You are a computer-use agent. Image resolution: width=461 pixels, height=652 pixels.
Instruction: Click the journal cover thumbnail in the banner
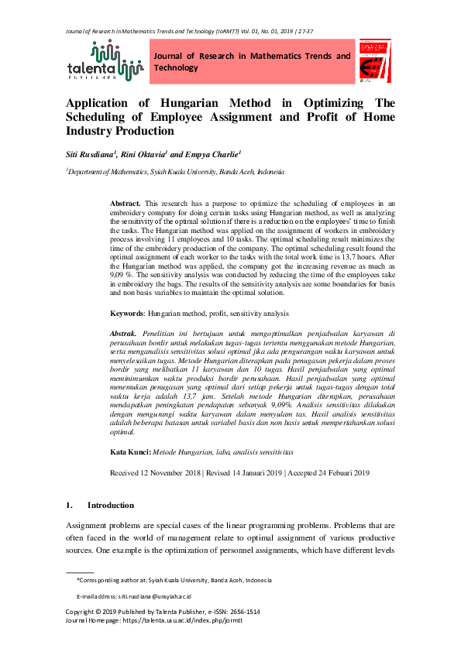pyautogui.click(x=375, y=61)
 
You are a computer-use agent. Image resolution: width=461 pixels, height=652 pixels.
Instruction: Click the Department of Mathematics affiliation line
pyautogui.click(x=175, y=172)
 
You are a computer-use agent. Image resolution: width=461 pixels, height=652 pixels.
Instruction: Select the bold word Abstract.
pyautogui.click(x=126, y=201)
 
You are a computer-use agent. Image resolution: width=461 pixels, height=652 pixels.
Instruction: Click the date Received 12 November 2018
pyautogui.click(x=156, y=472)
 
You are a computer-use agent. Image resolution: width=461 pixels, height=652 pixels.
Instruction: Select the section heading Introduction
pyautogui.click(x=111, y=505)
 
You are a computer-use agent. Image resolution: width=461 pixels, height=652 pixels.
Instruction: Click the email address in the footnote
pyautogui.click(x=155, y=596)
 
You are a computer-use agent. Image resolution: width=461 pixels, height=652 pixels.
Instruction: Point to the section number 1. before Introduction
pyautogui.click(x=70, y=505)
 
